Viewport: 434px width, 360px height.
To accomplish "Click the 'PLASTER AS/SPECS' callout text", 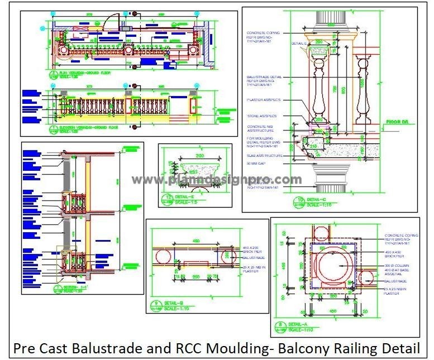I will coord(264,100).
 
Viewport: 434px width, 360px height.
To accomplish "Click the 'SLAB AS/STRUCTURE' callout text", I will coord(265,156).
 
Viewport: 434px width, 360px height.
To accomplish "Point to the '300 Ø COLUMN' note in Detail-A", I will coord(398,267).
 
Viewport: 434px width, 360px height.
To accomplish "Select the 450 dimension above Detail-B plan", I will coord(194,227).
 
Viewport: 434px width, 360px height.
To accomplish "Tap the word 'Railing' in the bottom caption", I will coord(355,349).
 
